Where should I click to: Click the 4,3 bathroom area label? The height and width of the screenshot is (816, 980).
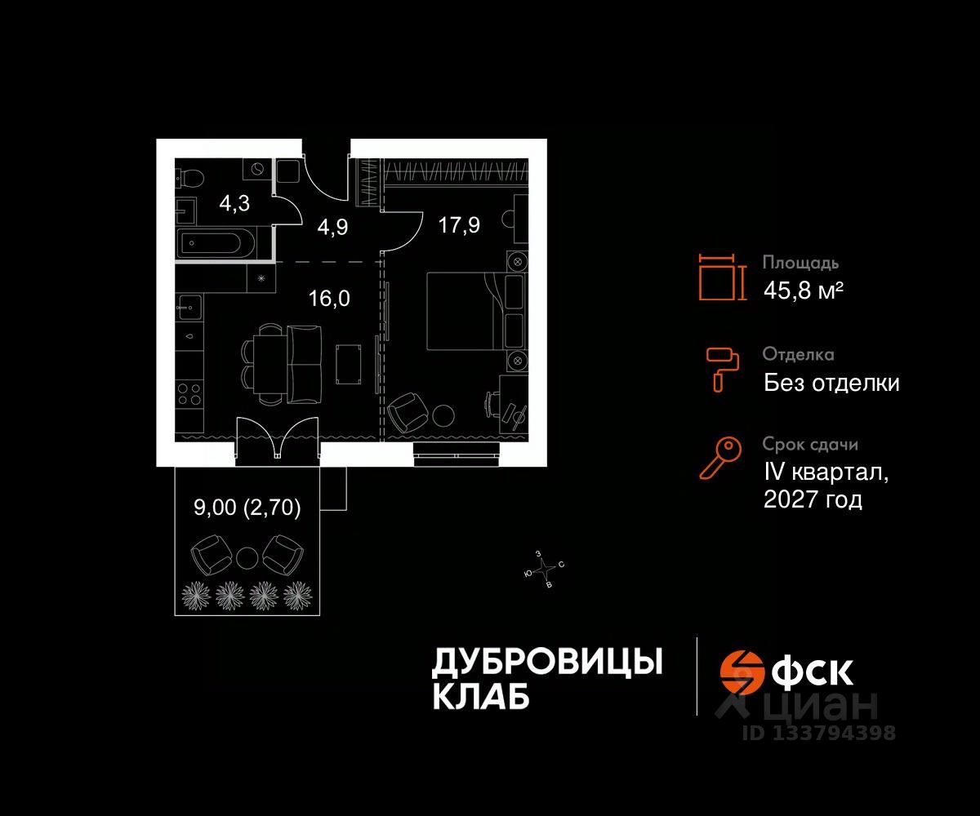(234, 203)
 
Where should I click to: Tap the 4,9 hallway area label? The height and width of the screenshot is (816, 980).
(333, 226)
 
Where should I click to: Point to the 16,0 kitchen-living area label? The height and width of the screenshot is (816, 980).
(329, 298)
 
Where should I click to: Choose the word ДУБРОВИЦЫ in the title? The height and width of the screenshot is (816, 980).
(546, 662)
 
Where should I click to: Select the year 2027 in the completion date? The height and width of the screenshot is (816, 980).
(791, 499)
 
